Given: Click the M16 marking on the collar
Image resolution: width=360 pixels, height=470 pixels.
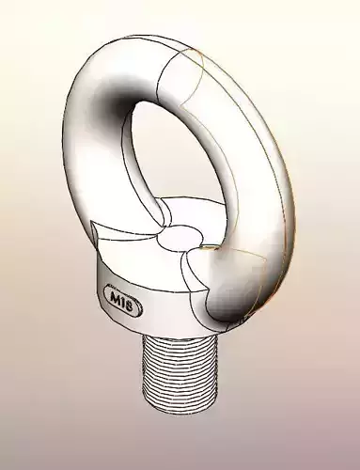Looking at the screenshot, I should point(123,299).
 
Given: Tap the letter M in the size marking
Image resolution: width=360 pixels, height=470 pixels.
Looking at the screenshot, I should point(116,298).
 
